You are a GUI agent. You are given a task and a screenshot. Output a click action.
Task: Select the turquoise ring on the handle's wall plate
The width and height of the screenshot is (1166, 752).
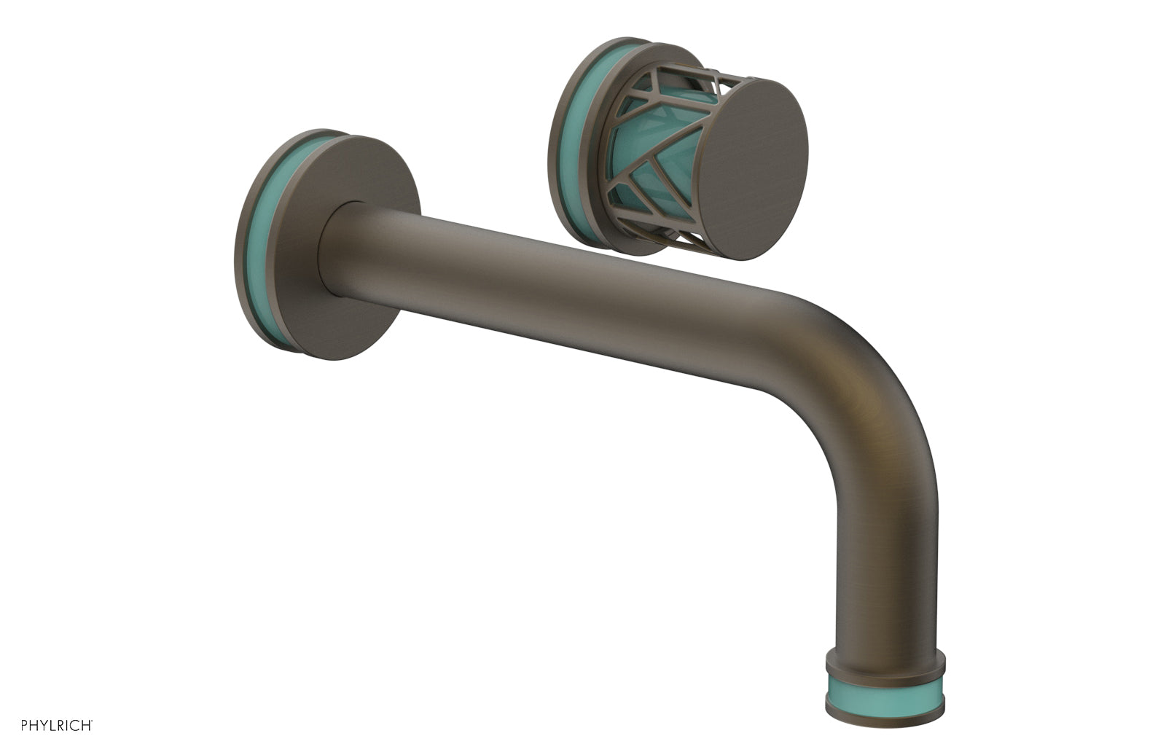tap(576, 146)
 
